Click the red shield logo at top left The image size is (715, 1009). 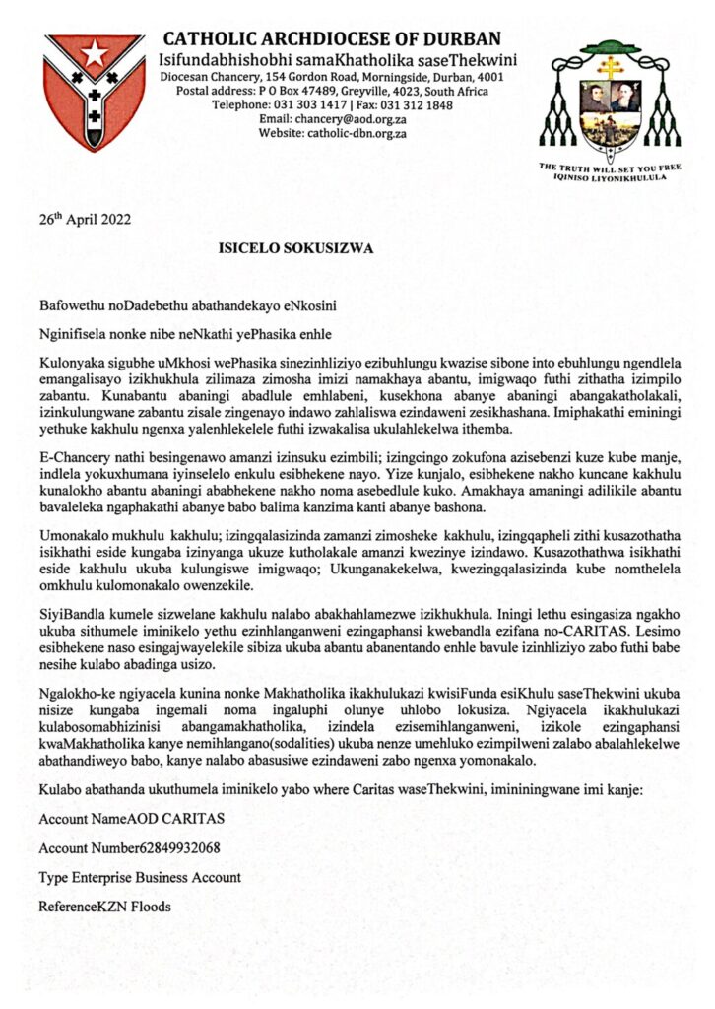coord(95,91)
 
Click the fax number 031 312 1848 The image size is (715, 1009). coord(419,105)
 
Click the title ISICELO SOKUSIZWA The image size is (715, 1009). coord(295,249)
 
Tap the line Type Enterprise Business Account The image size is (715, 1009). coord(140,876)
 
